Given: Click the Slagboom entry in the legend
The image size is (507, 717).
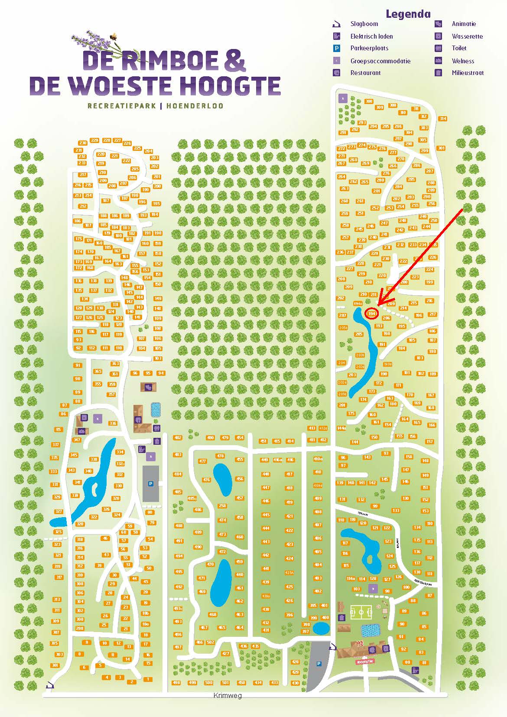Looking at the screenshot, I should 364,24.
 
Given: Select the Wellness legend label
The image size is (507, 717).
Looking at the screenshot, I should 463,61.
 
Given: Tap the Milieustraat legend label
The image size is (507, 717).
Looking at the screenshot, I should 468,73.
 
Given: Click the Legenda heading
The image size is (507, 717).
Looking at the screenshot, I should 408,14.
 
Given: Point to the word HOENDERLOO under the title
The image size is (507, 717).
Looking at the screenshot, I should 195,105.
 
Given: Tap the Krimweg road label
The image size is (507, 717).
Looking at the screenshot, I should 227,695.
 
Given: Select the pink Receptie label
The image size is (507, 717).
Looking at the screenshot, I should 365,662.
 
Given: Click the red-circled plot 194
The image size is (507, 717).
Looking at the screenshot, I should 372,313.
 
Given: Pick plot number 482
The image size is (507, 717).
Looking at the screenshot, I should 178,438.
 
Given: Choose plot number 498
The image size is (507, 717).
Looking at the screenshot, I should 176,683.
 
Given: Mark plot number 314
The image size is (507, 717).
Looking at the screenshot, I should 442,119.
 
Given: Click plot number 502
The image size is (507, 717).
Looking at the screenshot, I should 211,642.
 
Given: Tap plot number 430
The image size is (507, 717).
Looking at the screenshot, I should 295,683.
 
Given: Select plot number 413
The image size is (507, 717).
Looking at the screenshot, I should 312,428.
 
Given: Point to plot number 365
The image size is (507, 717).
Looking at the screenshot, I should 97,372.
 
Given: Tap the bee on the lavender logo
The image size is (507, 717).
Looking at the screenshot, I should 114,37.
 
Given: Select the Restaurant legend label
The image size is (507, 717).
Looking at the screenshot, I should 365,73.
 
